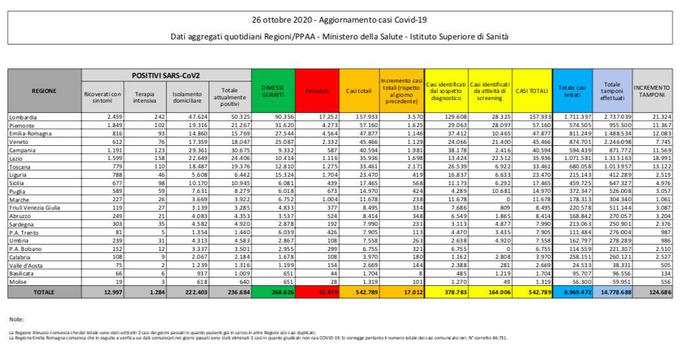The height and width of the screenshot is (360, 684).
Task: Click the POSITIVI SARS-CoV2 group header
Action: click(165, 75)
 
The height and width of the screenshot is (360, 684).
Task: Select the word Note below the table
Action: click(16, 319)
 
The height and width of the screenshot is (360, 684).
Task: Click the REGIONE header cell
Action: click(43, 90)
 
